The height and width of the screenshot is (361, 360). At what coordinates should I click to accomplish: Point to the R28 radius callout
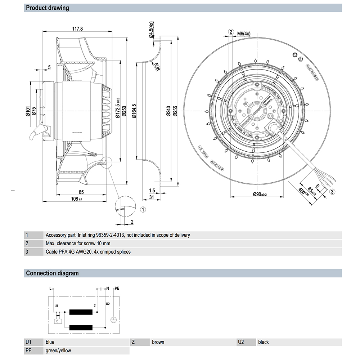point(157,66)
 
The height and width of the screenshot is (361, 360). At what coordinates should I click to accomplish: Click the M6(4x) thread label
point(244,34)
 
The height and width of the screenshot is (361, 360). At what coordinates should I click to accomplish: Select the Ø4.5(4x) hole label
point(151,29)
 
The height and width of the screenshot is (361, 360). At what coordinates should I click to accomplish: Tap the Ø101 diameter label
point(28,111)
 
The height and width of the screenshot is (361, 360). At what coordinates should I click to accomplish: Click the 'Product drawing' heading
point(48,8)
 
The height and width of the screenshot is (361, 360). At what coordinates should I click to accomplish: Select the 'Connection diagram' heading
point(52,273)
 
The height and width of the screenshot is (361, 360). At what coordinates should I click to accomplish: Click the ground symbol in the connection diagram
point(112,319)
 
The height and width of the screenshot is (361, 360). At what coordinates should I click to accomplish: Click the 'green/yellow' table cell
point(58,350)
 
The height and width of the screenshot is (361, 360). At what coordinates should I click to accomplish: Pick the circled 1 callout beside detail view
point(143,209)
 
